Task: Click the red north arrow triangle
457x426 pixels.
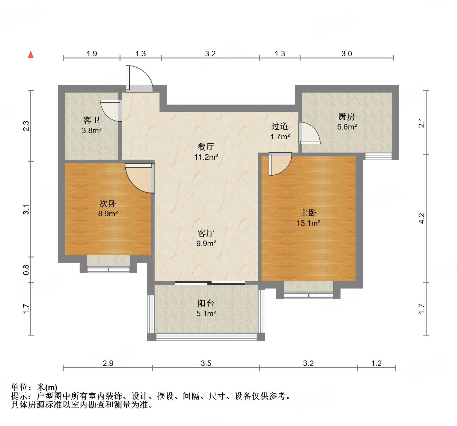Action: tap(31, 55)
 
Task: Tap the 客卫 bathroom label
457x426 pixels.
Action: tap(92, 120)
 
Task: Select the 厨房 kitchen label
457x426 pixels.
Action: tap(346, 117)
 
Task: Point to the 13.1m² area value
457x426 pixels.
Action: tap(308, 223)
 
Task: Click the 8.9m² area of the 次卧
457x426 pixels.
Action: tap(108, 213)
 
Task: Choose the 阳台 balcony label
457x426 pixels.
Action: tap(206, 303)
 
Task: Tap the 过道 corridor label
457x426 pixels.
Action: tap(280, 126)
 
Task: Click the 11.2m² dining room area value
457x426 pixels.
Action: tap(206, 157)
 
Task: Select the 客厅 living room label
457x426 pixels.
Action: tap(206, 233)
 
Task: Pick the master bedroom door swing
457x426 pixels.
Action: tap(279, 164)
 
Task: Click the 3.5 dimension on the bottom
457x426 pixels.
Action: tap(206, 363)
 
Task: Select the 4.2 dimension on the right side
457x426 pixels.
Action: tap(422, 218)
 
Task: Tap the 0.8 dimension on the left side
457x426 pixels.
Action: tap(26, 270)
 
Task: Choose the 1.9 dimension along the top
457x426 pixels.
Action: tap(92, 54)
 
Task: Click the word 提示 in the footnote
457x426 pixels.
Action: tap(19, 396)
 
